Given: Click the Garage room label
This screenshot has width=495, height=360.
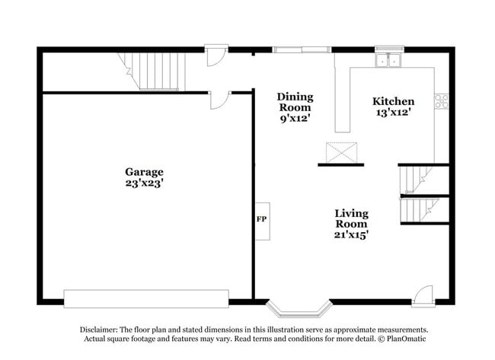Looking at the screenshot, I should point(145,172).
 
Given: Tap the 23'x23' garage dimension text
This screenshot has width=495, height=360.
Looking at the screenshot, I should point(145,183).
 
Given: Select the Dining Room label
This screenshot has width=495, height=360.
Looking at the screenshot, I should point(295,102).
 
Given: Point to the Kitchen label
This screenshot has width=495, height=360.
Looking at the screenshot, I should point(393,102).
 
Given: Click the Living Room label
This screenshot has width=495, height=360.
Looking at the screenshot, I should point(351,218).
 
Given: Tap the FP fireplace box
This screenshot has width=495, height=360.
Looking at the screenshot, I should point(262,221).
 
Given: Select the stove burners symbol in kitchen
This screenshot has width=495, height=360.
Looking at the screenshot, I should point(441,100).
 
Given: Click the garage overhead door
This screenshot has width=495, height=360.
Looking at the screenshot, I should point(146,298).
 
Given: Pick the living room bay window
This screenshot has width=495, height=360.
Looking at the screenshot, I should point(300,308).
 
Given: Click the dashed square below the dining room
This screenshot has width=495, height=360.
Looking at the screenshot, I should point(340,153).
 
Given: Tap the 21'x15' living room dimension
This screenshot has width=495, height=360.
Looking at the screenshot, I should point(351,236).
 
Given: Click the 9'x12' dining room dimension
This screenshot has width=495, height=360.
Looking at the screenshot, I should point(295,119).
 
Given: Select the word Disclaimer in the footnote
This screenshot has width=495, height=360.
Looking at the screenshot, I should point(99,330).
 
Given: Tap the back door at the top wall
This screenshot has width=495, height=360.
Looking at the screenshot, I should point(216,56).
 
